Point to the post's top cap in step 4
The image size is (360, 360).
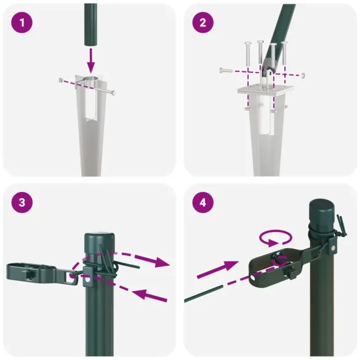tap(321, 210)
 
